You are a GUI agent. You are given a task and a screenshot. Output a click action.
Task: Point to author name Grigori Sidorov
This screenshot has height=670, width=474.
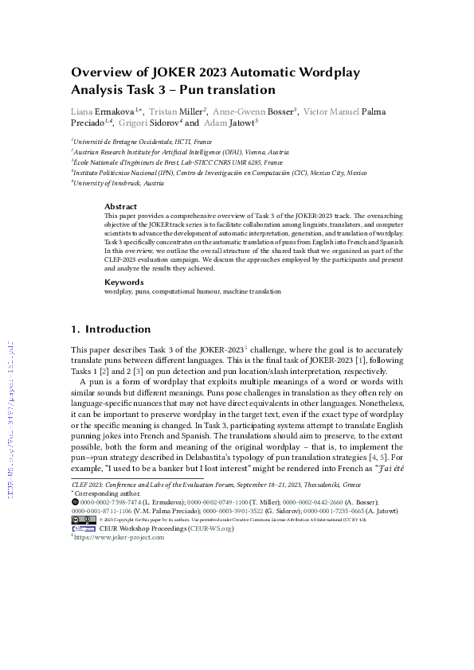[x=154, y=123]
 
